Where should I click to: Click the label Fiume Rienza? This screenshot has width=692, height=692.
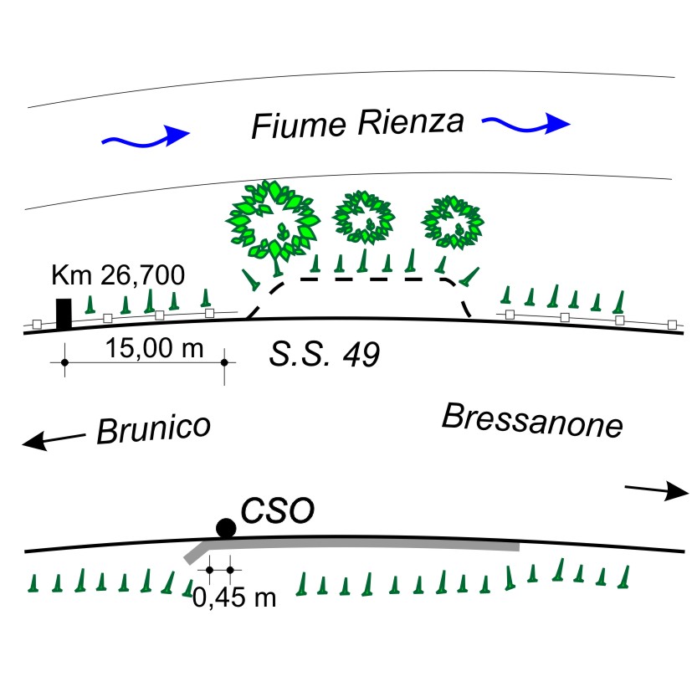point(357,125)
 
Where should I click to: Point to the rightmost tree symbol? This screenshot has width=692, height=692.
point(454,222)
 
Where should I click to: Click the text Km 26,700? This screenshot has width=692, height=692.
point(118,274)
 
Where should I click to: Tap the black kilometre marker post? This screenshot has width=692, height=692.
point(64,314)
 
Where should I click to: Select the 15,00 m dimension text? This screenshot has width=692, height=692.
point(156,347)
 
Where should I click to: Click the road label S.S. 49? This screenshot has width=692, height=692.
point(325,356)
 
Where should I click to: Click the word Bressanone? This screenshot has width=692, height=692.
point(532,421)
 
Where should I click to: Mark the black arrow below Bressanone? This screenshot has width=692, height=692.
point(656,491)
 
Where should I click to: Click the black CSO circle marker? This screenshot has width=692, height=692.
point(225,527)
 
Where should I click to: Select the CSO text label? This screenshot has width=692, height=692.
point(277,510)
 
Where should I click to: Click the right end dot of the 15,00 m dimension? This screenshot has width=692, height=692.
point(224,362)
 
